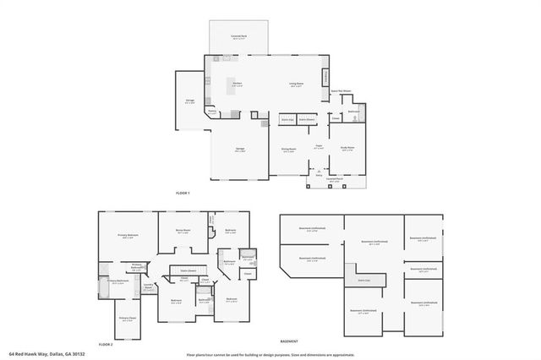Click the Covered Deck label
pyautogui.click(x=239, y=36)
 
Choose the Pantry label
pyautogui.click(x=212, y=111)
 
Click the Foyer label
pyautogui.click(x=320, y=146)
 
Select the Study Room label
pyautogui.click(x=347, y=148)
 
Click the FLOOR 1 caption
pyautogui.click(x=183, y=194)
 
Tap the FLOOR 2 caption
pyautogui.click(x=105, y=344)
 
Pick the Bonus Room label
pyautogui.click(x=183, y=230)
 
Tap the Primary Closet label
pyautogui.click(x=127, y=318)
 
